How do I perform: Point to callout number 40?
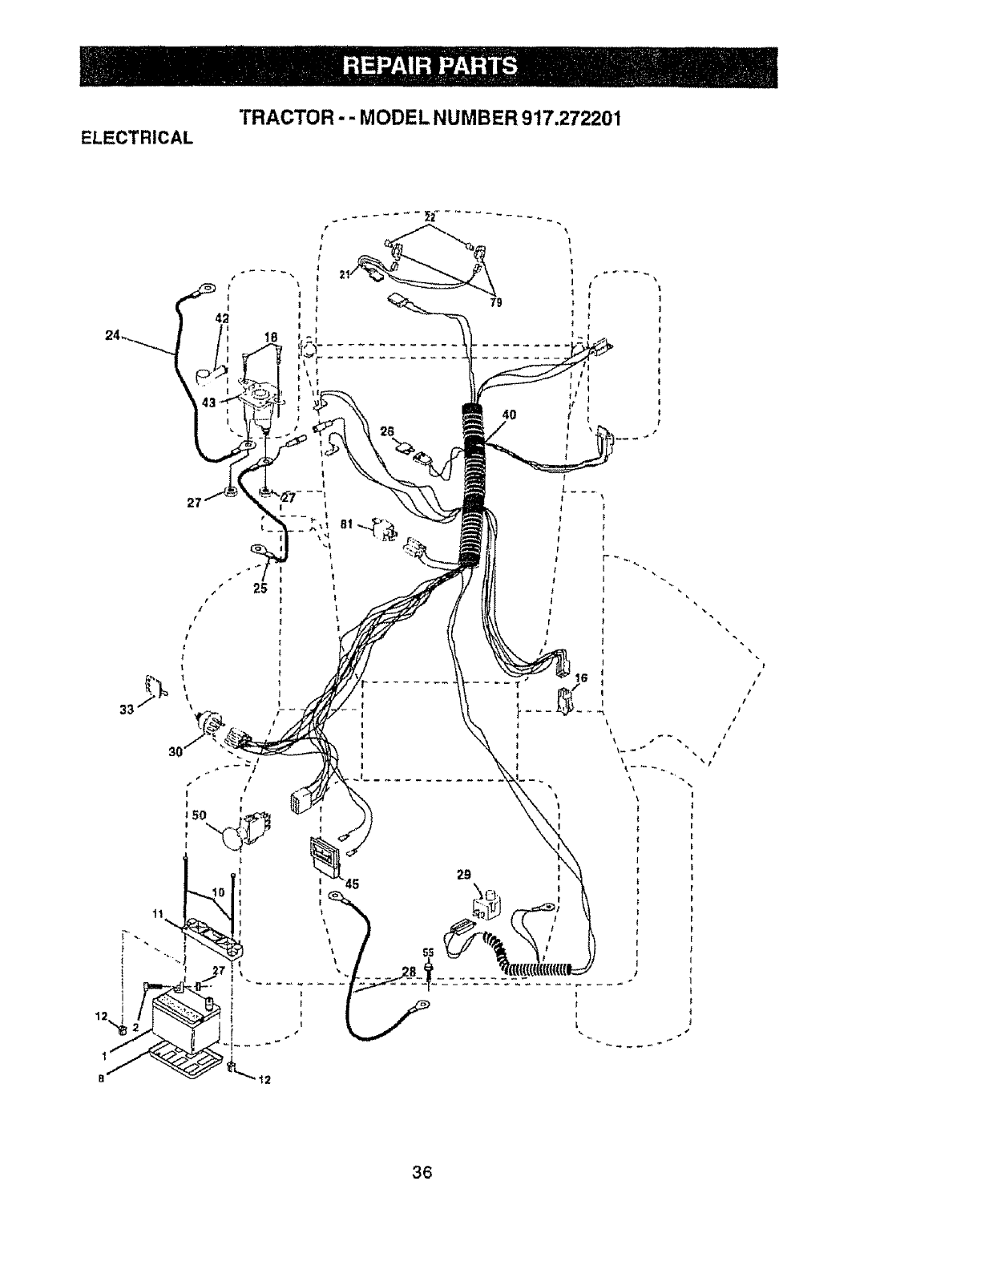507,415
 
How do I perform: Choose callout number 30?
176,751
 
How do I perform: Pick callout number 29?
463,875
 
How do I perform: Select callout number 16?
581,677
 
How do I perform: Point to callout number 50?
200,815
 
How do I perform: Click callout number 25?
260,588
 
